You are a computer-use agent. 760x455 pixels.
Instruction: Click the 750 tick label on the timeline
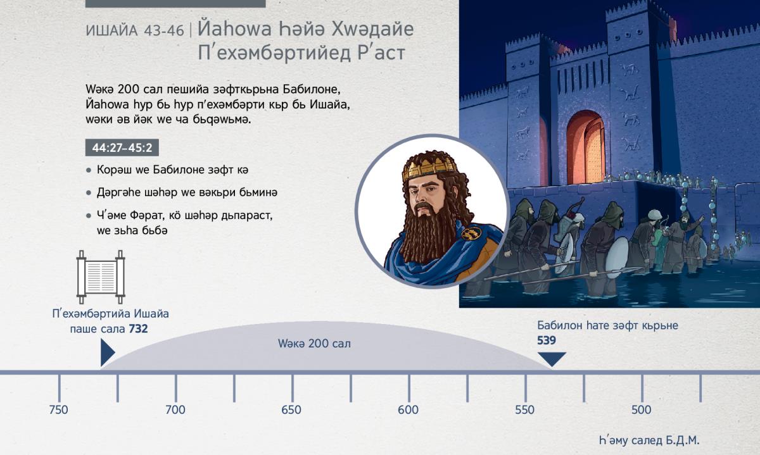58,410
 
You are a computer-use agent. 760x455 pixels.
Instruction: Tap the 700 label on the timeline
175,410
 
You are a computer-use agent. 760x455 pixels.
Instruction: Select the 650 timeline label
291,410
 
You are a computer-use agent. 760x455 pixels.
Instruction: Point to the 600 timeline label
408,410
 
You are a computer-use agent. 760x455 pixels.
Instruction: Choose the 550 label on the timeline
524,410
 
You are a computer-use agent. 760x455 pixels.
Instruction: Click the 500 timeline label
641,410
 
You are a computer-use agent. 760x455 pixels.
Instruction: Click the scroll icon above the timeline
101,277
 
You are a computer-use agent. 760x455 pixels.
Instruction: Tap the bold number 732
138,329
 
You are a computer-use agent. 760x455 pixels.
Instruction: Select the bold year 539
546,340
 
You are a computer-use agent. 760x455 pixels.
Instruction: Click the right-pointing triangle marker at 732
107,352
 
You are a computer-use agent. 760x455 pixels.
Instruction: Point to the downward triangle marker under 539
552,359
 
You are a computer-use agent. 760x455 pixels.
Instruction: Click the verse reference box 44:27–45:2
122,148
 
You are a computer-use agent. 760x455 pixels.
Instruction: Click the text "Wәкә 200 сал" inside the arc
314,344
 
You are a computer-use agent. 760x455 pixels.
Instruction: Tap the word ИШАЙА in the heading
111,31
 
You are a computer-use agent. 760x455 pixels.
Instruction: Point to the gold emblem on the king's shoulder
471,233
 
